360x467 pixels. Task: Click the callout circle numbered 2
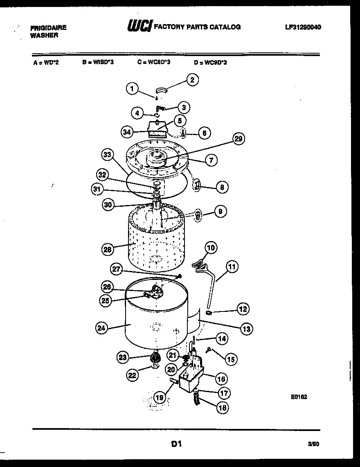[x=192, y=79]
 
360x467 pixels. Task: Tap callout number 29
[x=238, y=139]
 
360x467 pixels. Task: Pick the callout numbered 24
[x=101, y=327]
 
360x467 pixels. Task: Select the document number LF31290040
[x=303, y=27]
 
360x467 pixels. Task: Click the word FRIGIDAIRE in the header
[x=48, y=28]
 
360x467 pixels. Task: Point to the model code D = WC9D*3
[x=210, y=63]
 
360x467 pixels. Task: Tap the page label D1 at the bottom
[x=176, y=444]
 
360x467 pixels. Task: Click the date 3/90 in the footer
[x=313, y=444]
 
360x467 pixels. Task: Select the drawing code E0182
[x=300, y=397]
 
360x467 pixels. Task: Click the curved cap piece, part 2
[x=163, y=90]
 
